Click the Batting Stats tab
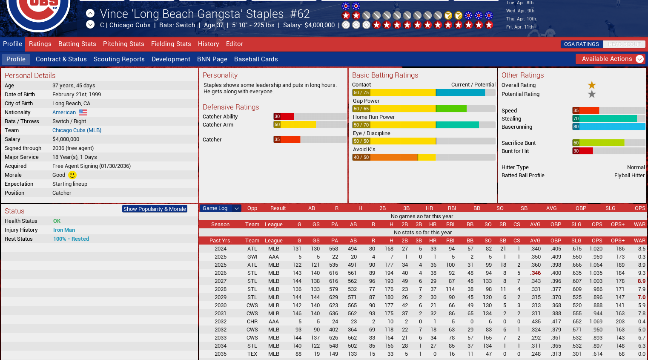(77, 44)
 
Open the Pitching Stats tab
(123, 44)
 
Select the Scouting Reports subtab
(119, 59)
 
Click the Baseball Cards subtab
(256, 59)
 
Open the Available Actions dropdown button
(610, 59)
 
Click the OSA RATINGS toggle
(581, 44)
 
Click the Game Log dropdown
(221, 208)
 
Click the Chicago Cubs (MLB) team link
(77, 130)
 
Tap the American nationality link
(64, 112)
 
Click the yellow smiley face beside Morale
(72, 175)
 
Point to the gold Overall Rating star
(592, 85)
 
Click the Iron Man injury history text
(64, 230)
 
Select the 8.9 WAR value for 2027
(641, 281)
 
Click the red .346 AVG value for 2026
(536, 273)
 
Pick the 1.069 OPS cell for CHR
(596, 322)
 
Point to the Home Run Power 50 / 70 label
(361, 125)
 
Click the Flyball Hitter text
(629, 176)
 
